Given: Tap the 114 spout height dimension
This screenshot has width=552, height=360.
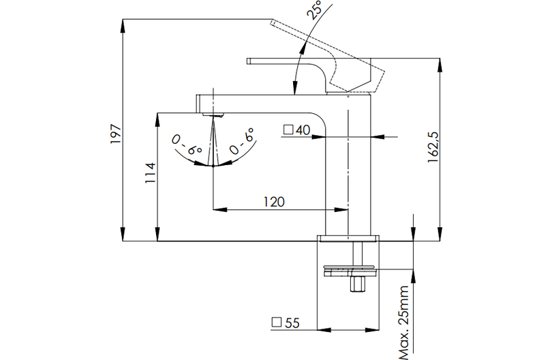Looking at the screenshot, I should (x=151, y=173).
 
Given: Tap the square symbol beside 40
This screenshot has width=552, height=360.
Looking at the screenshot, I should (x=288, y=130).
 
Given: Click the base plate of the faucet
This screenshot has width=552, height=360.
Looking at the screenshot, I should (x=348, y=239).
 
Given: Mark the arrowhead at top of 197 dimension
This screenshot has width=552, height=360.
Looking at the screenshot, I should (x=123, y=24).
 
